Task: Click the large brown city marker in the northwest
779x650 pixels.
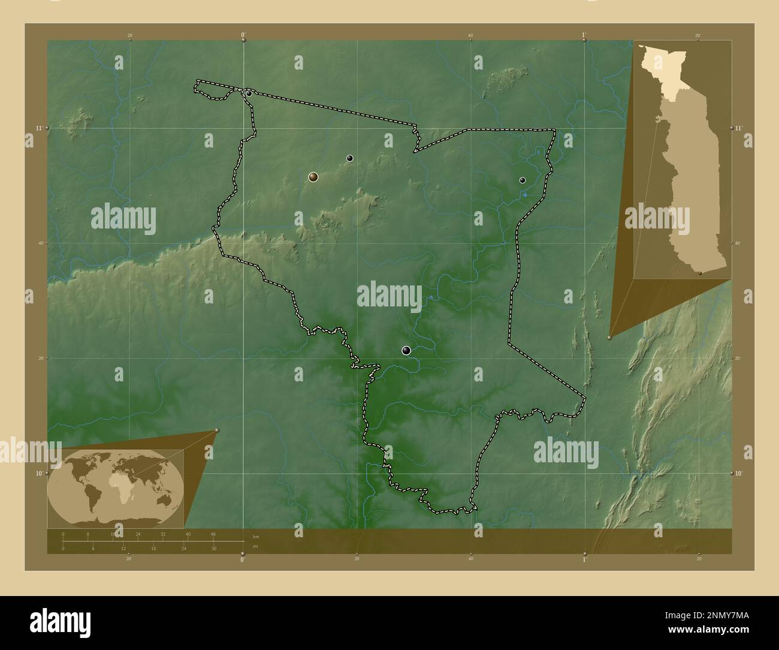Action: (313, 177)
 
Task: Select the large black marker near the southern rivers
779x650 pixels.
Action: (407, 351)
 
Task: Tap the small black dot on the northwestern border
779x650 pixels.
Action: (249, 94)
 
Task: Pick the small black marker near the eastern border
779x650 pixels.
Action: (523, 180)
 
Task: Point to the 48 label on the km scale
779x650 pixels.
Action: (213, 534)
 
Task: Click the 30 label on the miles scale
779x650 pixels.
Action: (213, 548)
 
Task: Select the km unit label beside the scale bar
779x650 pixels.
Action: (256, 536)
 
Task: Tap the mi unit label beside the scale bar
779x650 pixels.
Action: (256, 546)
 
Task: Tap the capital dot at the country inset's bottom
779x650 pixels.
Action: (700, 273)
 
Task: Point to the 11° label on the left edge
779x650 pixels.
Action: (38, 128)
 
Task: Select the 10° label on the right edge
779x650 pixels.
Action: (739, 473)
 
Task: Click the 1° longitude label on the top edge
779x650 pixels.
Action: (584, 35)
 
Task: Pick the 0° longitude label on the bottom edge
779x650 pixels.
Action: (242, 559)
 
